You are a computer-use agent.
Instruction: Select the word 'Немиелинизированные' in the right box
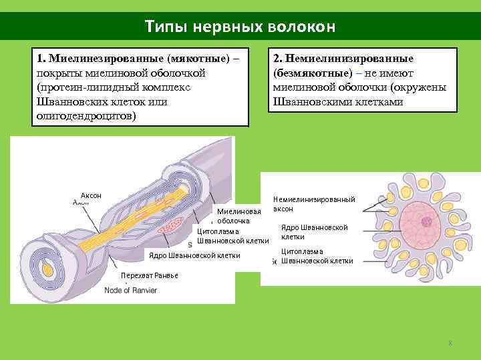(349, 59)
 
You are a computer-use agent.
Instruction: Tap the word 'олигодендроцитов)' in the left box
(85, 115)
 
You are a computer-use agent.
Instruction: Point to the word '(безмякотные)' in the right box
(309, 73)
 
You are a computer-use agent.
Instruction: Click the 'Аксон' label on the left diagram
(90, 195)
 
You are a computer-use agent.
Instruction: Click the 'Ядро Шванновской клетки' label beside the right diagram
(314, 232)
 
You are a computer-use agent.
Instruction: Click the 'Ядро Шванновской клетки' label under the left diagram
(194, 255)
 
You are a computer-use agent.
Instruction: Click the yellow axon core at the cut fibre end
(47, 269)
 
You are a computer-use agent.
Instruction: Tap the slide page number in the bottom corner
(450, 343)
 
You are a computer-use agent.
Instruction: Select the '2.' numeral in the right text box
(278, 59)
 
